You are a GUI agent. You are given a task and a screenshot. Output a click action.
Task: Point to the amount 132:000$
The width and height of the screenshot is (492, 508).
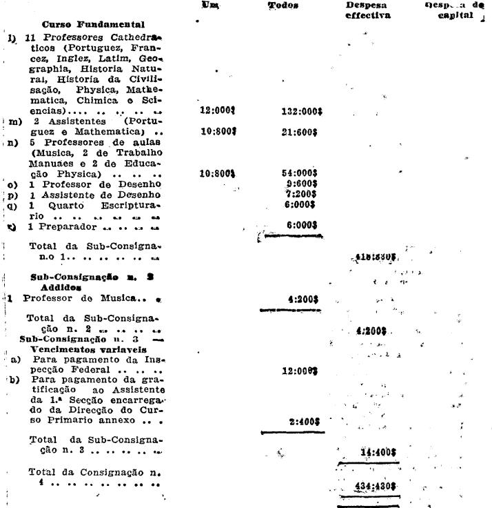[302, 110]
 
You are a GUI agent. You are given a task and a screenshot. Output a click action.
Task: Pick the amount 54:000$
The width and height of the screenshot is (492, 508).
[302, 175]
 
